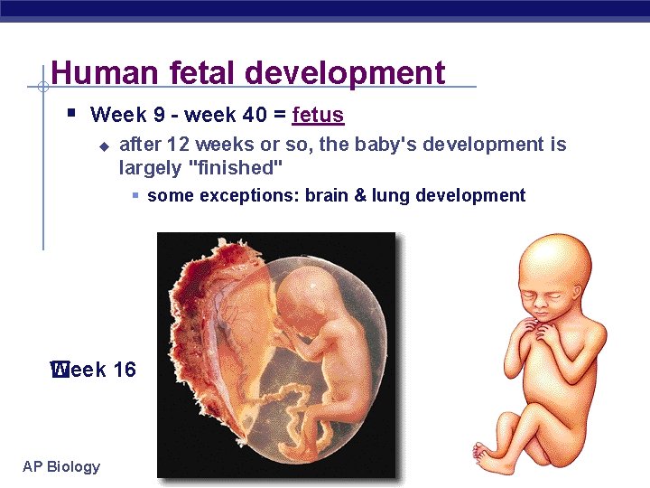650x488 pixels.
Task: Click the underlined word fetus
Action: click(x=318, y=116)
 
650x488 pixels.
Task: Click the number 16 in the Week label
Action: click(x=125, y=369)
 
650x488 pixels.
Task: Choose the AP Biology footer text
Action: click(x=61, y=466)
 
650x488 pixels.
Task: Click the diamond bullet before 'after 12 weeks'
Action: click(x=103, y=145)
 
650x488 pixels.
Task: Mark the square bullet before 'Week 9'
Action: click(x=71, y=114)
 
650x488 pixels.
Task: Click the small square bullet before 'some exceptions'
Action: click(x=134, y=195)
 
